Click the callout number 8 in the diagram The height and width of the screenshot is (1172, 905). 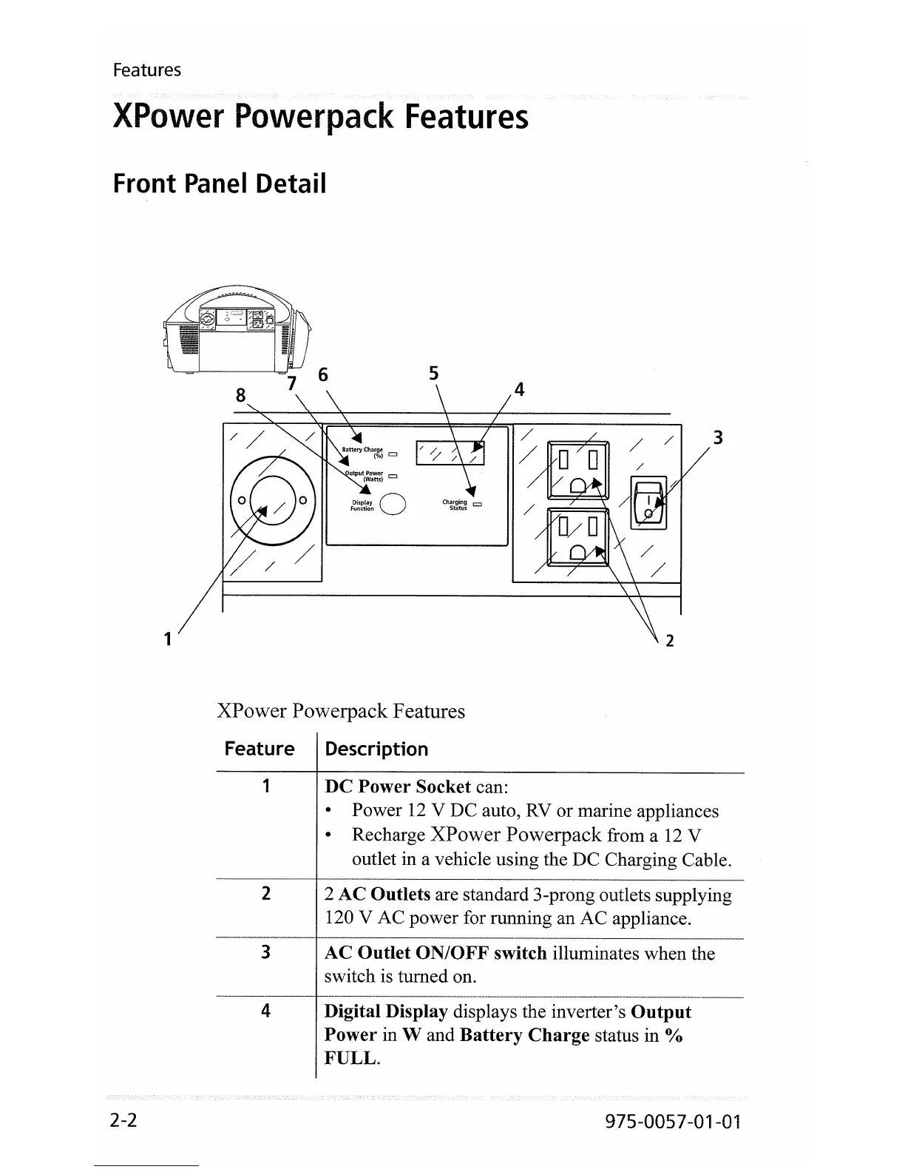[240, 396]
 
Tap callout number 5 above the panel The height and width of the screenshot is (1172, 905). [434, 374]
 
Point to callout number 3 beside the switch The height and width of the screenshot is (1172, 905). [716, 438]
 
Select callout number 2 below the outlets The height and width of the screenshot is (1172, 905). [670, 641]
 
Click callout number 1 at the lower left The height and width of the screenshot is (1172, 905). [169, 638]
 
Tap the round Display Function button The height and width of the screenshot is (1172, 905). [395, 504]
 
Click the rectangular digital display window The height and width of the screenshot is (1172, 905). [450, 453]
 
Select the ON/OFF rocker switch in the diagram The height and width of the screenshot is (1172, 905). [648, 503]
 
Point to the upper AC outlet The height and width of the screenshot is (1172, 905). [577, 470]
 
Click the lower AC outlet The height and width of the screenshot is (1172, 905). [577, 536]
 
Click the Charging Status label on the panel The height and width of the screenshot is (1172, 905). [455, 505]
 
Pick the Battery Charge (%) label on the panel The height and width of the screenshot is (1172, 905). [363, 452]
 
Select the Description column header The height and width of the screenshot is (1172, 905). [376, 750]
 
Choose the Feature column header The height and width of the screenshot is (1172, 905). [260, 750]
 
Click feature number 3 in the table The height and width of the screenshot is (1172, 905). [265, 952]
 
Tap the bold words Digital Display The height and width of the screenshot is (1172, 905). [386, 1011]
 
